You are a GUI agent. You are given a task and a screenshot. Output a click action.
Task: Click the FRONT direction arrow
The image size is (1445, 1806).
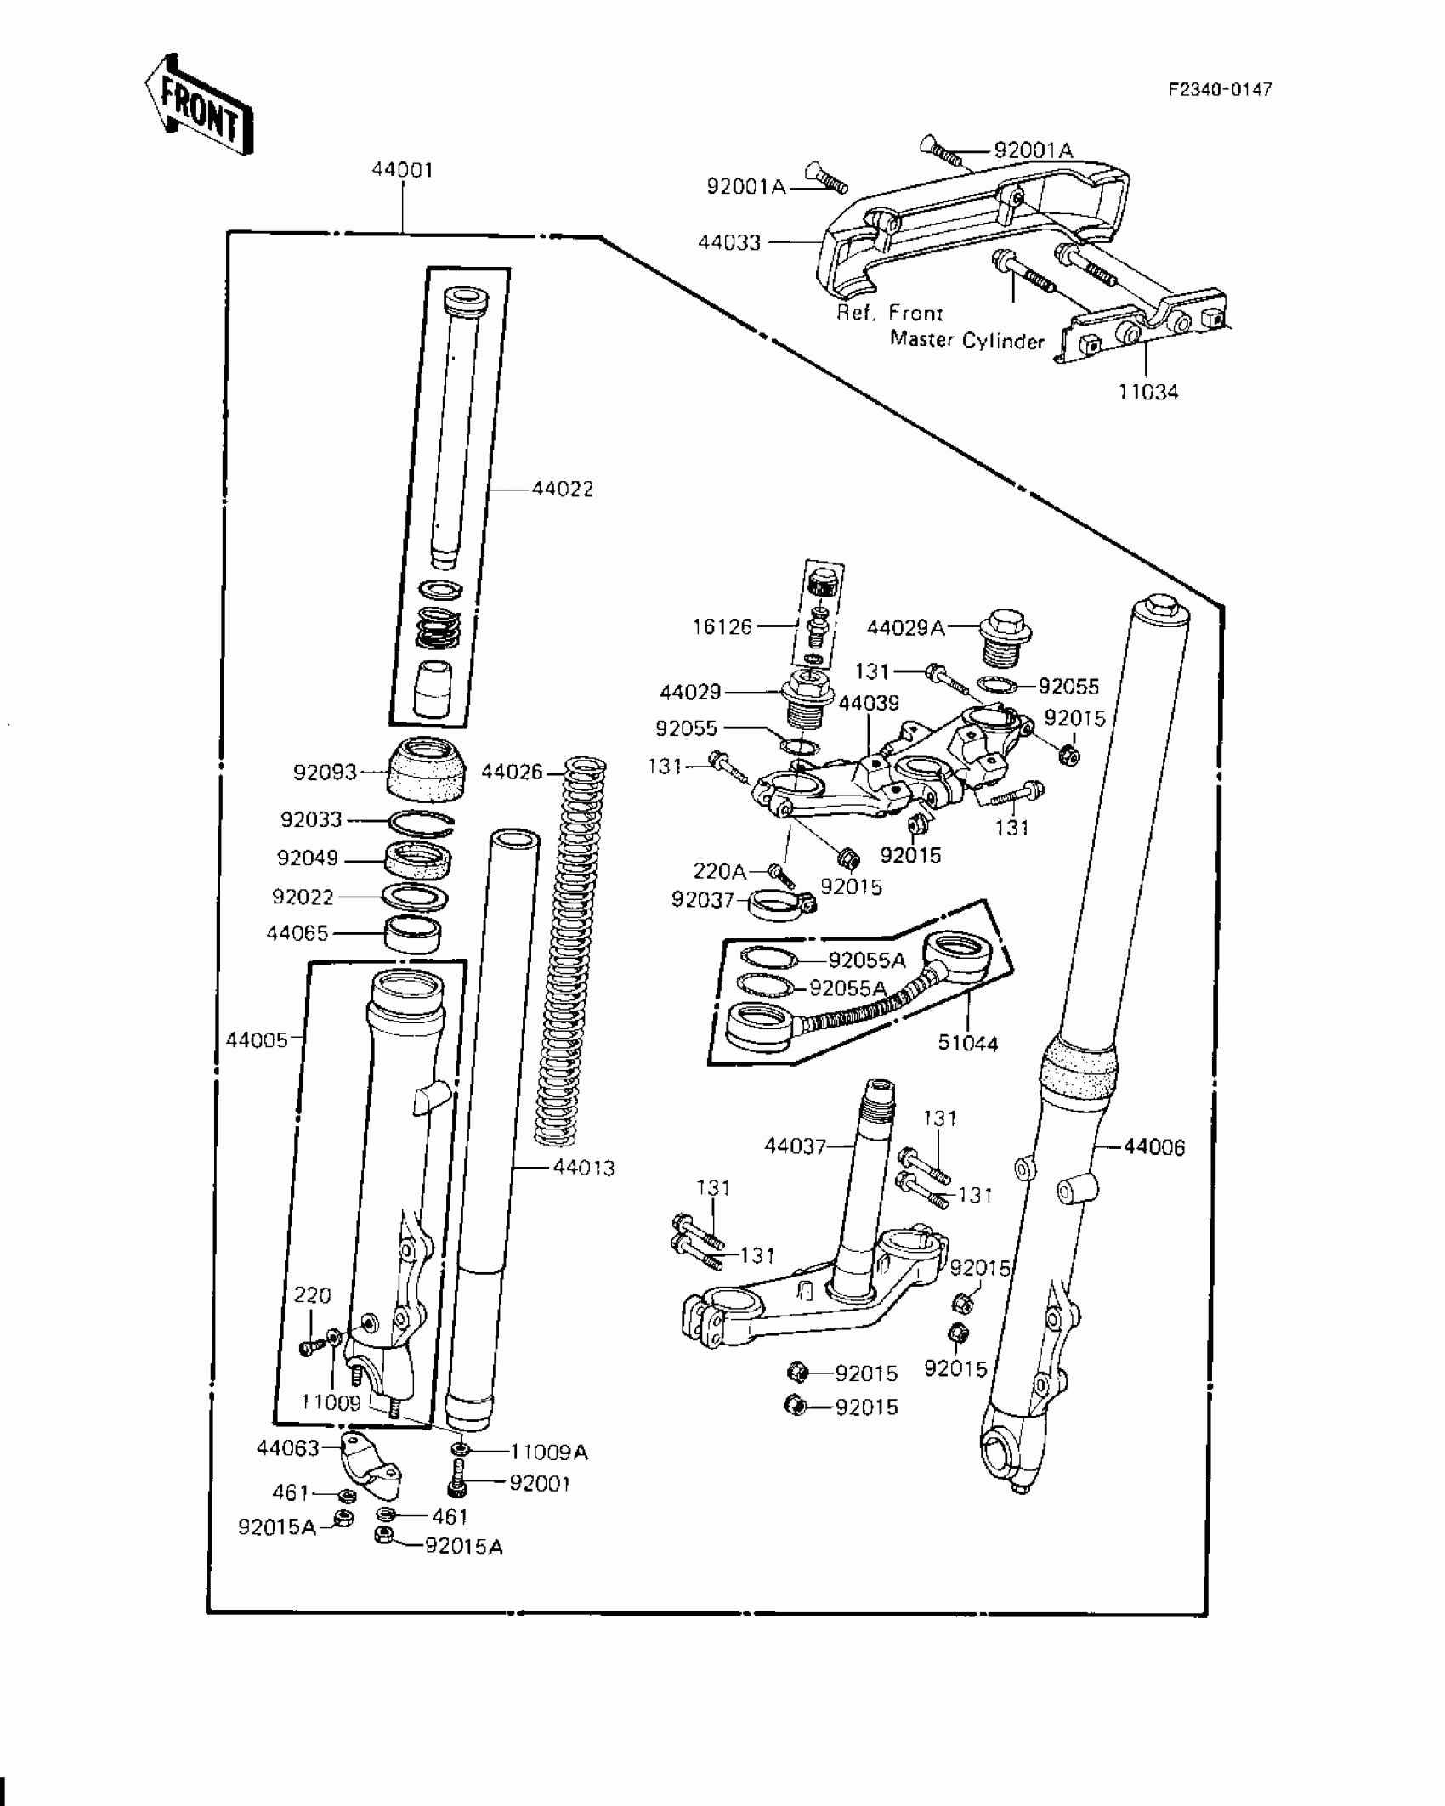[199, 106]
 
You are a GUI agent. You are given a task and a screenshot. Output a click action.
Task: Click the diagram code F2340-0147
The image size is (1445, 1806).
[1220, 90]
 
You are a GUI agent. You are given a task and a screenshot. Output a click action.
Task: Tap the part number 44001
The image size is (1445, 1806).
[402, 170]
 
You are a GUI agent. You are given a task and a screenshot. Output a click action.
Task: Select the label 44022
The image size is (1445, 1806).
[562, 489]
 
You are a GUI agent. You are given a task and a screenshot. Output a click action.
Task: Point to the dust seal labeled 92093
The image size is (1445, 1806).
[427, 769]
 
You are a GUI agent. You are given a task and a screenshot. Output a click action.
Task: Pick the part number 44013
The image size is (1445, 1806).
[583, 1168]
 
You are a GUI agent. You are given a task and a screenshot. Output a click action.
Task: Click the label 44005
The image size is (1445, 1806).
[257, 1039]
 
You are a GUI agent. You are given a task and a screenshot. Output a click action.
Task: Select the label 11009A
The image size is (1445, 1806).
[549, 1452]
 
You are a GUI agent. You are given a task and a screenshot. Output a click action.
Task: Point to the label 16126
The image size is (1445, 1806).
[722, 626]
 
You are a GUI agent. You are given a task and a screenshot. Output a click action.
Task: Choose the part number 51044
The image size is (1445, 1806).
[967, 1043]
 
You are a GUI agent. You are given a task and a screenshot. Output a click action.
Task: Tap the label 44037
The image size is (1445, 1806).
[795, 1146]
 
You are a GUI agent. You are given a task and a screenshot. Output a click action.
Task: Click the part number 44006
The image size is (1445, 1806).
[1153, 1147]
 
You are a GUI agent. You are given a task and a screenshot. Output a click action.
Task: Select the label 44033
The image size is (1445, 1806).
[729, 243]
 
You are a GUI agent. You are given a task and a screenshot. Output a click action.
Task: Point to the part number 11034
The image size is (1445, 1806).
[1148, 392]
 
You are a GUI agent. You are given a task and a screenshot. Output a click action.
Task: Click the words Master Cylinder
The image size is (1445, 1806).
[966, 341]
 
